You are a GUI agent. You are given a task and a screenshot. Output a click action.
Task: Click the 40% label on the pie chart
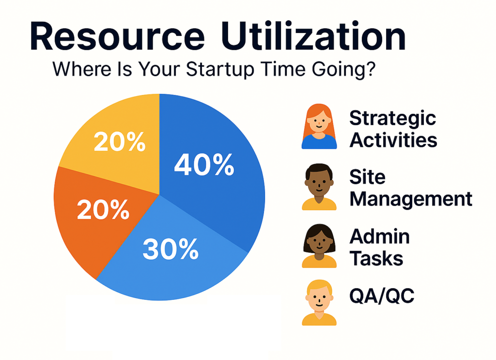click(204, 165)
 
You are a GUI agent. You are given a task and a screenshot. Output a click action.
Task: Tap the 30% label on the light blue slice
click(170, 249)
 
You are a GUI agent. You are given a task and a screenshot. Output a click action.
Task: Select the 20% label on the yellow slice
click(120, 141)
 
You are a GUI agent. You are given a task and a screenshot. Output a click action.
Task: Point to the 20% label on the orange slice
click(103, 209)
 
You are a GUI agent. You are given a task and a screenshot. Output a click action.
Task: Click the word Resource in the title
click(117, 36)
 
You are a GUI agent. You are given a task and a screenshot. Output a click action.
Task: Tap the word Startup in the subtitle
click(220, 69)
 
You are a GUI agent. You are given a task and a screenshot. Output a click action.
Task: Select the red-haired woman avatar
click(319, 126)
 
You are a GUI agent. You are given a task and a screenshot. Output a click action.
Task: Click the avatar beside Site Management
click(319, 187)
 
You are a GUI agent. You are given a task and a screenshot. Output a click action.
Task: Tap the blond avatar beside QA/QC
click(319, 303)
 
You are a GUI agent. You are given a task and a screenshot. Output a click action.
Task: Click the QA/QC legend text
click(382, 296)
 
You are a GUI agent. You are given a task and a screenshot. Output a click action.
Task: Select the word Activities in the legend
click(393, 140)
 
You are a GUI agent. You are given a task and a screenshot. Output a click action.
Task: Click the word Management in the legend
click(411, 200)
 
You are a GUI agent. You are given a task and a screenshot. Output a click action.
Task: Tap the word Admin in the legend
click(380, 236)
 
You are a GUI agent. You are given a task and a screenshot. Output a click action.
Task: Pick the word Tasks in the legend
click(376, 258)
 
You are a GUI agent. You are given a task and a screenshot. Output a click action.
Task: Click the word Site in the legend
click(367, 176)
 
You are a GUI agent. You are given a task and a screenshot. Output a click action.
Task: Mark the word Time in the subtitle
click(282, 68)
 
